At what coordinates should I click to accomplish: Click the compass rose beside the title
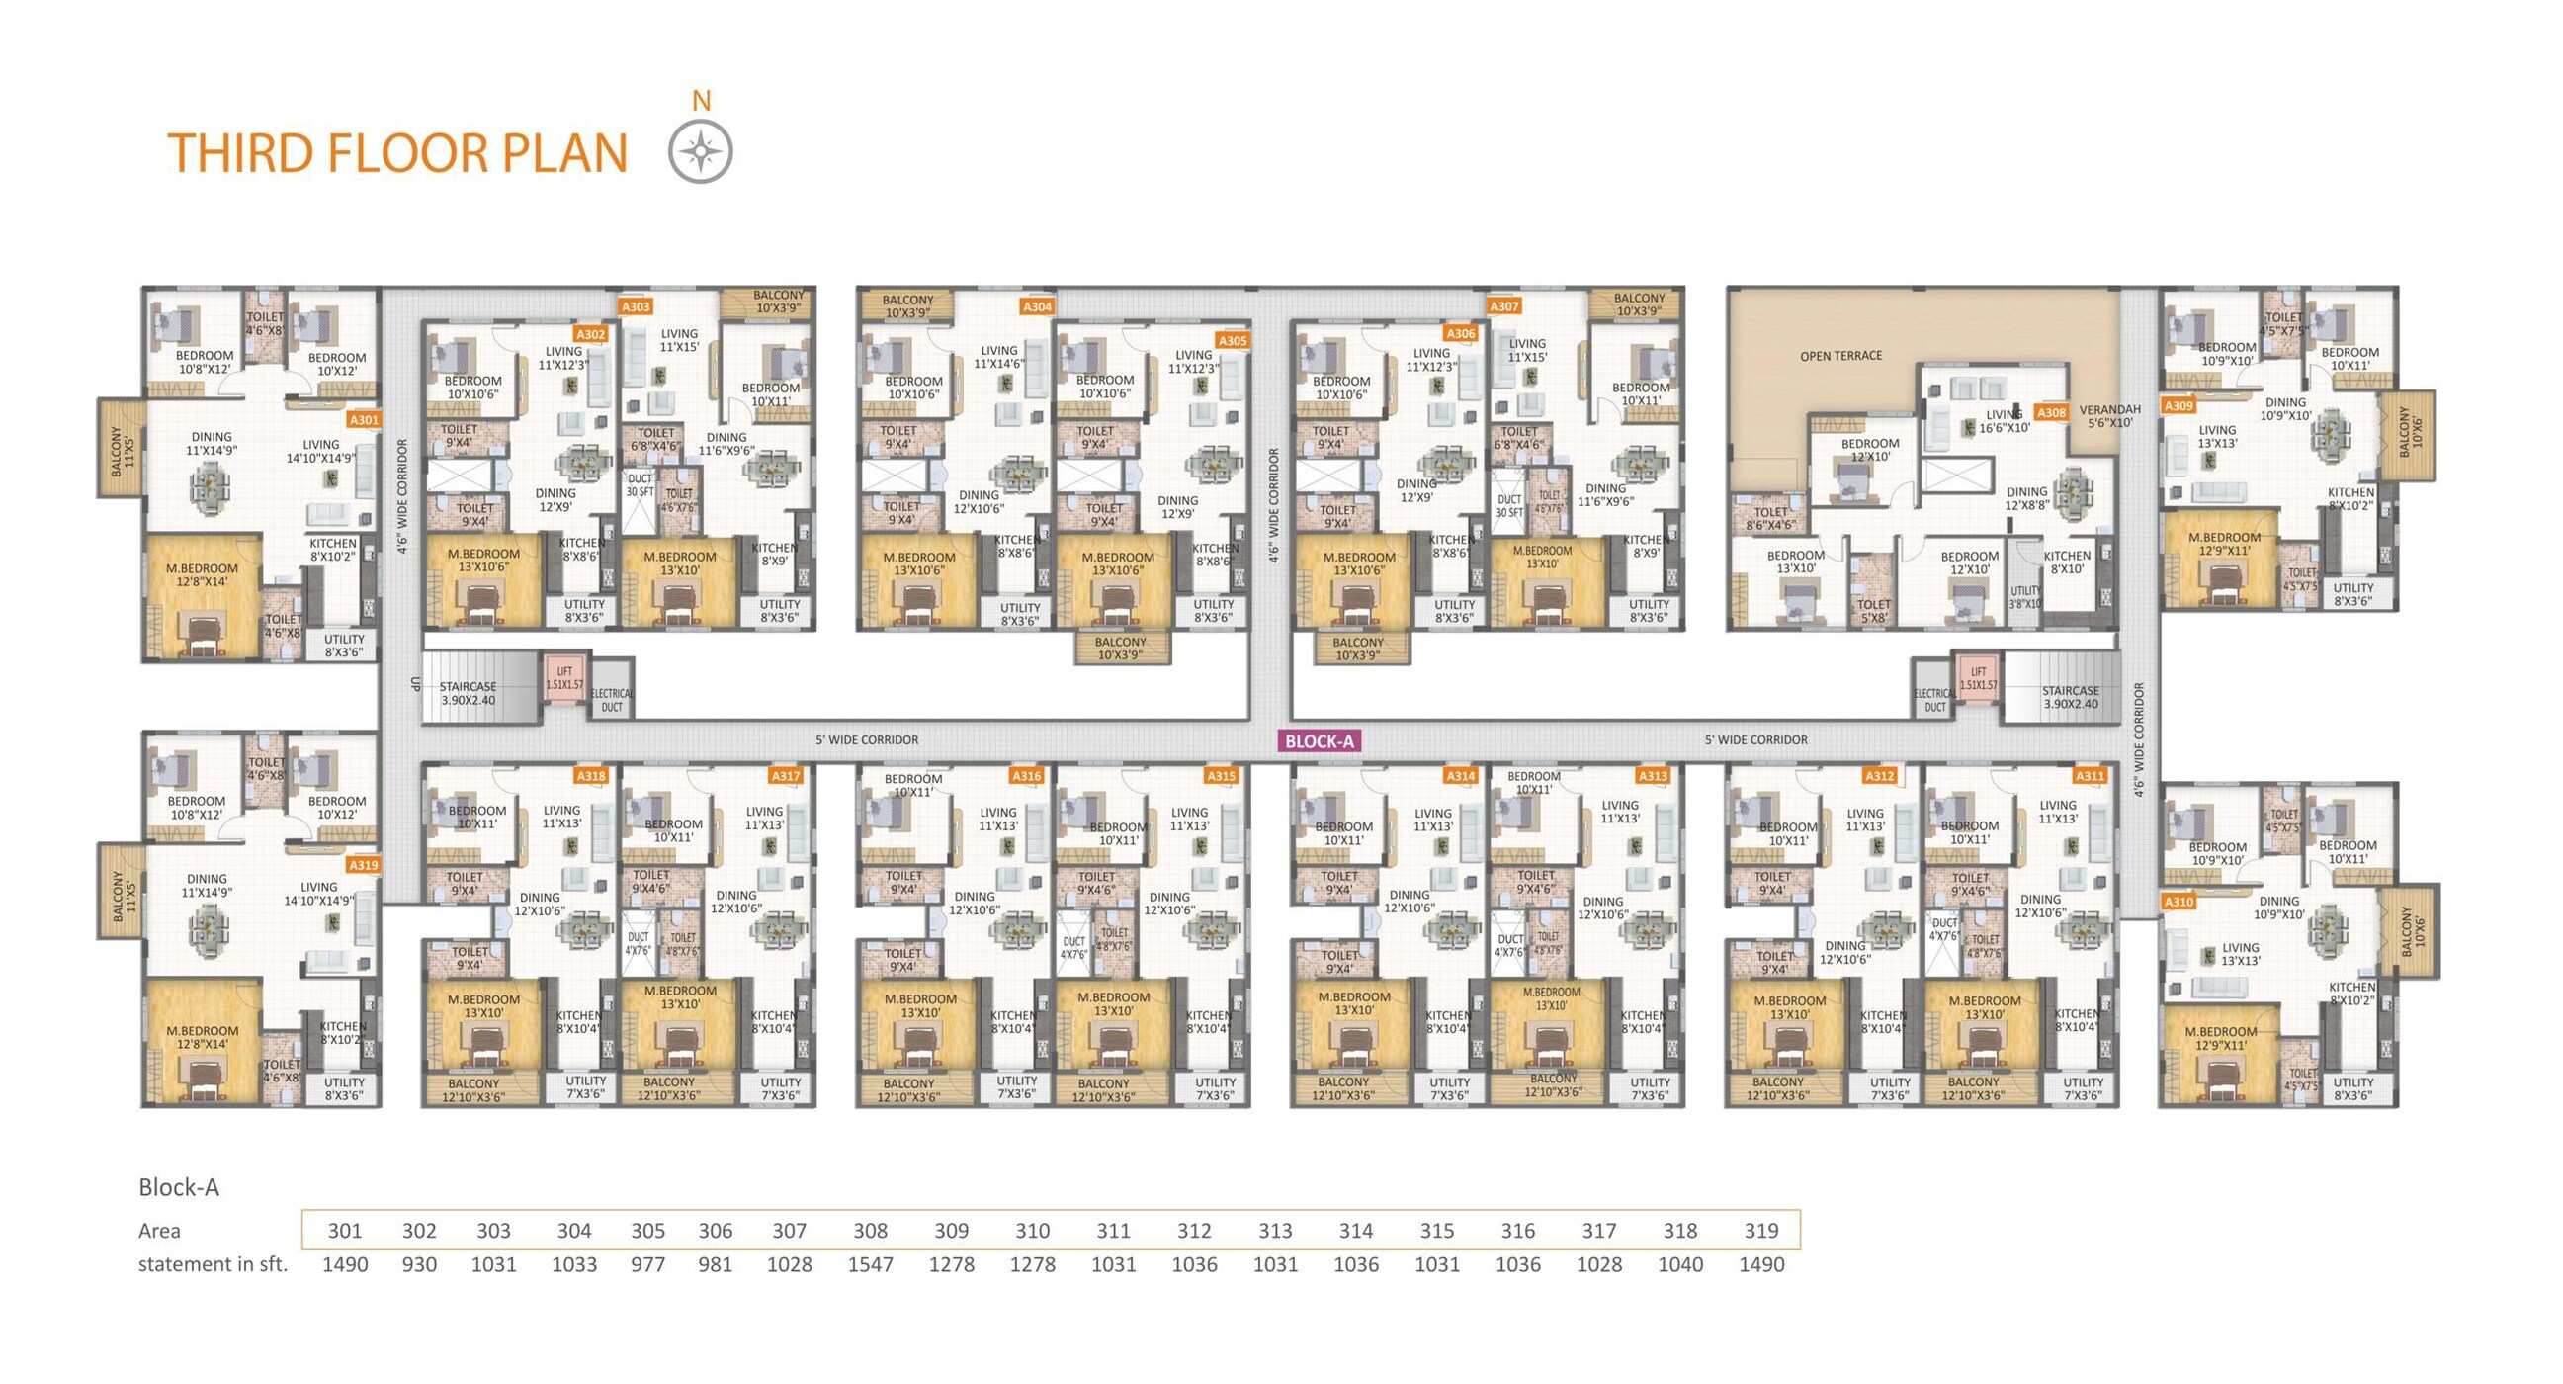coord(701,152)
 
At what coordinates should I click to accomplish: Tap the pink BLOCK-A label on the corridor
coord(1320,740)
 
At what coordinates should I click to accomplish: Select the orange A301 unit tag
coord(364,420)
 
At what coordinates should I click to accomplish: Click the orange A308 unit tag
coord(2051,412)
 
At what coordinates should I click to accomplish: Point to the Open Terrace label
coord(1840,355)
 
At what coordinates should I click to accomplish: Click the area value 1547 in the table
coord(870,1264)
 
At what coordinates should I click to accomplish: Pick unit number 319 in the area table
coord(1760,1231)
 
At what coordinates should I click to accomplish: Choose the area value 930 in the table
coord(419,1264)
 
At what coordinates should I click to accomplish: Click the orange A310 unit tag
coord(2178,902)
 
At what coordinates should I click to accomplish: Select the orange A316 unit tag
coord(1026,775)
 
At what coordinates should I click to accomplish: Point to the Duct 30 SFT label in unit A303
coord(640,485)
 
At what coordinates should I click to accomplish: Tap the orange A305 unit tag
coord(1232,340)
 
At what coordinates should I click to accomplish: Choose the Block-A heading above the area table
coord(178,1187)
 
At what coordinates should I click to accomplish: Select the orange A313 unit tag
coord(1653,775)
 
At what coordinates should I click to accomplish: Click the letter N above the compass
coord(702,101)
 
